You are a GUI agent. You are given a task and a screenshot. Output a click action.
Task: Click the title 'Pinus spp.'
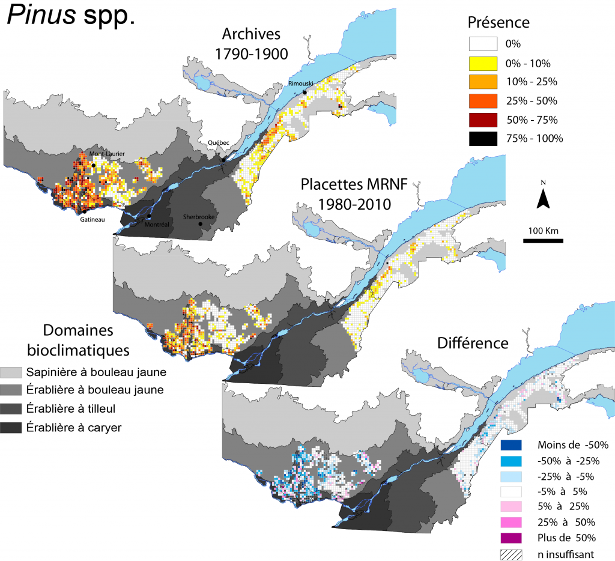click(71, 17)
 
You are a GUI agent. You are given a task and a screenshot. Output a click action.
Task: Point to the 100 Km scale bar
click(543, 241)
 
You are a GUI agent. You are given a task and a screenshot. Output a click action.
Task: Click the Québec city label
click(219, 143)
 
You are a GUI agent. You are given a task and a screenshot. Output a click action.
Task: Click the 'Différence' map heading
click(472, 344)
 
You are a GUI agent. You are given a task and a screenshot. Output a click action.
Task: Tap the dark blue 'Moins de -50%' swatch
click(510, 445)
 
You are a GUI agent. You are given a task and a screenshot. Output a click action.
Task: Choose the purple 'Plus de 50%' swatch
click(510, 537)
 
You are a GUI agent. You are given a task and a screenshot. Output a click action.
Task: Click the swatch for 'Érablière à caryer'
click(14, 428)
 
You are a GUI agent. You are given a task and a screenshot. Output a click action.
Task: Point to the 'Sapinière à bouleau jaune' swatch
click(14, 372)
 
